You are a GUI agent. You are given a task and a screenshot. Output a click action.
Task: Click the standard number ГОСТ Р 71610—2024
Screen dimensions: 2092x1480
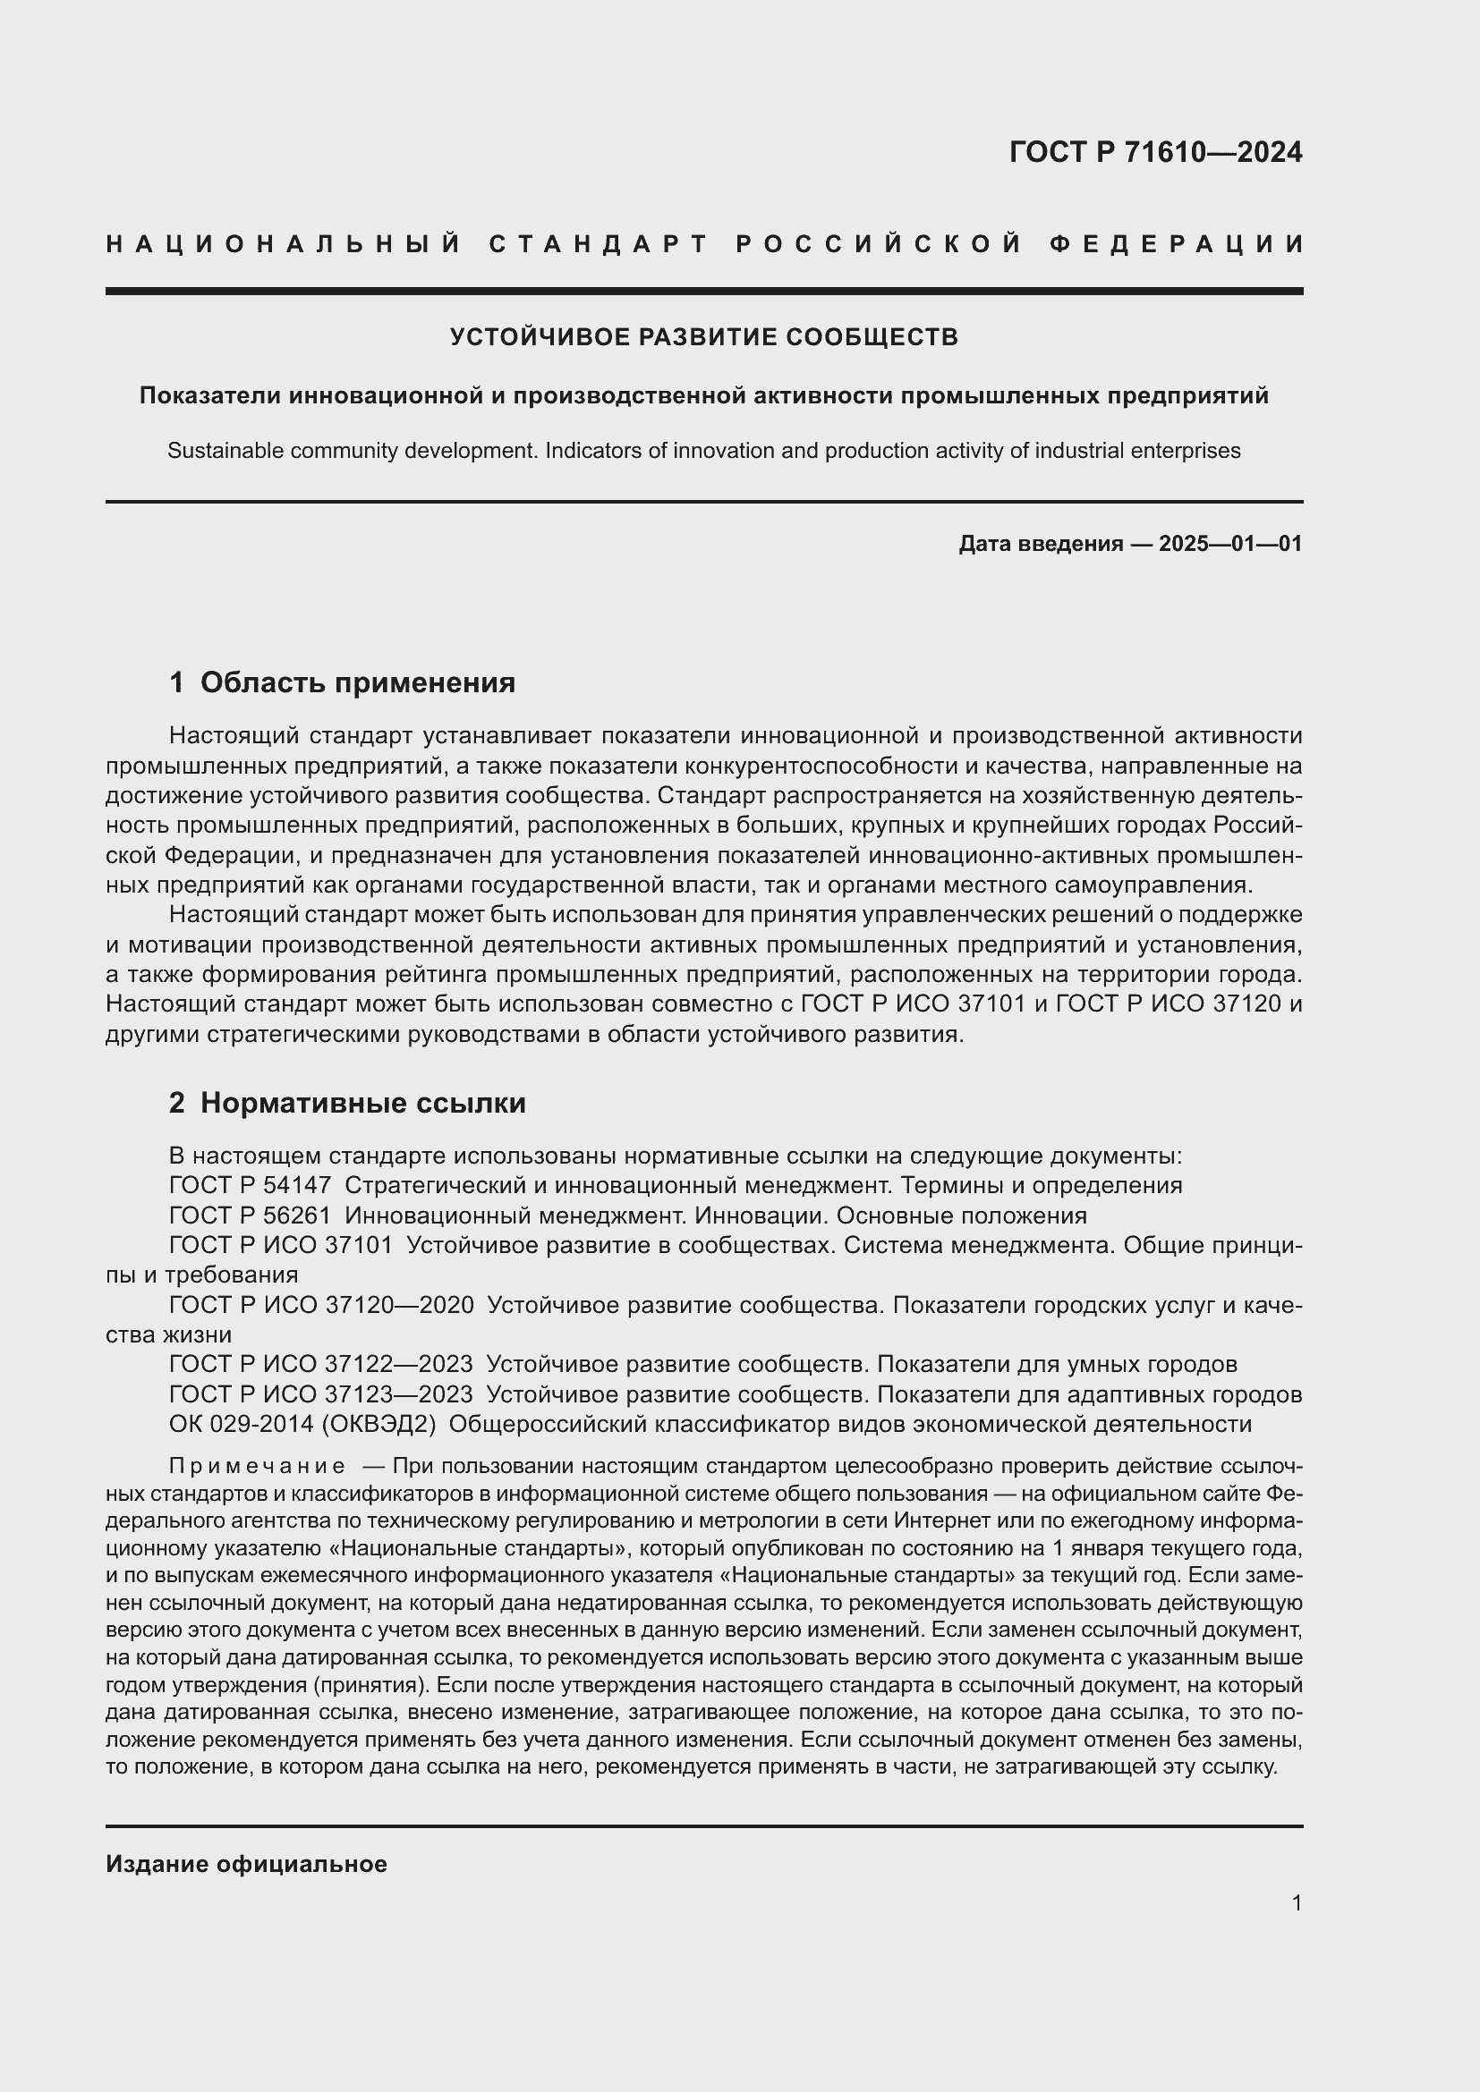1155,152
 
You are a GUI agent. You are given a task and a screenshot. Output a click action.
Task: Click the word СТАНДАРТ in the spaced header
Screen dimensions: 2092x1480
600,244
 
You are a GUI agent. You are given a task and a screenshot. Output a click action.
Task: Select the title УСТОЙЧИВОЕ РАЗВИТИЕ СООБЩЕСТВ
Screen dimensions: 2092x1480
703,337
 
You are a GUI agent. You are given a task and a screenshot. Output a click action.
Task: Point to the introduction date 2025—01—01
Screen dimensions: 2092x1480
1230,544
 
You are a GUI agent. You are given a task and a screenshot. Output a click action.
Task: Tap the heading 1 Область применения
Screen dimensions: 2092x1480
342,682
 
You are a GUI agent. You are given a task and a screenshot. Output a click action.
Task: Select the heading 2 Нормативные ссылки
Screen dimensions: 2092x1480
347,1104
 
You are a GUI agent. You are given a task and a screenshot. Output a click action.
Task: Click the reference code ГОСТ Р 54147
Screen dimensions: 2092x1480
250,1185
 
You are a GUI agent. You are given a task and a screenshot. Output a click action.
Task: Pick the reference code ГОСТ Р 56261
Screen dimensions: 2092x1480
250,1215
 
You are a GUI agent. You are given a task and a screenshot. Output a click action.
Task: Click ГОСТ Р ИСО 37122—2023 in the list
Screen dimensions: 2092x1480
321,1364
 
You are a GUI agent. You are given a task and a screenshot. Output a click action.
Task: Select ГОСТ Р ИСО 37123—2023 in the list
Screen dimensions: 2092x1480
321,1394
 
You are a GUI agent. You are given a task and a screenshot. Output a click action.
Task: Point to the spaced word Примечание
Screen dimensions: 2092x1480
257,1466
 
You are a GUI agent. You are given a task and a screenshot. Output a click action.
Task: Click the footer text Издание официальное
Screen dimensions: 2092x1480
246,1864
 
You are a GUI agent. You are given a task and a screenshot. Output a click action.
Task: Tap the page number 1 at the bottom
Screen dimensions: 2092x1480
1297,1902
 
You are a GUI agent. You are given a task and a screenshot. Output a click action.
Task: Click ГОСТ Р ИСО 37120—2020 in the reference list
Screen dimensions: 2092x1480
321,1305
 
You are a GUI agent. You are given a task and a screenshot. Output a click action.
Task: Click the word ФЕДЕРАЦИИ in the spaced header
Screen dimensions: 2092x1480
1177,244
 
